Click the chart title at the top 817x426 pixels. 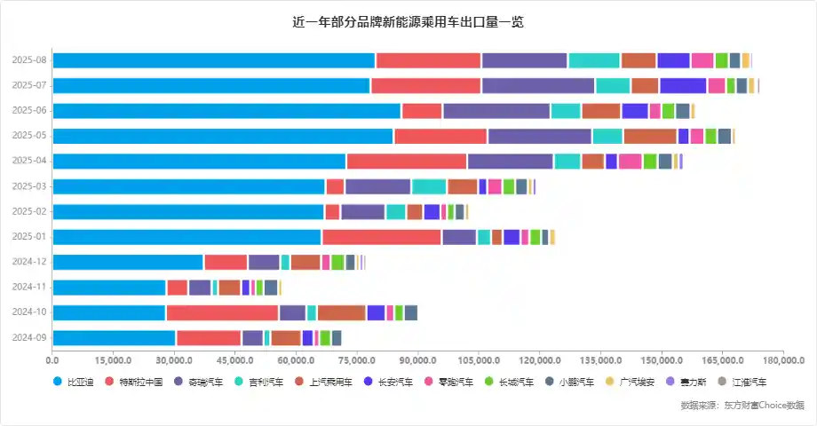tap(408, 21)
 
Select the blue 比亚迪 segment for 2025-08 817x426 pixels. tap(213, 59)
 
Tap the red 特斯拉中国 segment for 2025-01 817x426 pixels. tap(381, 237)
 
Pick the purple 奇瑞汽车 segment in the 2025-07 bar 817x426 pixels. tap(537, 85)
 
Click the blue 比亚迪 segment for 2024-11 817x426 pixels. tap(108, 288)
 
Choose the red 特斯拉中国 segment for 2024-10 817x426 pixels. tap(222, 312)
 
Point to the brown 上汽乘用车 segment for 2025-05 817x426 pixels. tap(649, 136)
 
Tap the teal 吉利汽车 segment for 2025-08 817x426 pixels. tap(593, 59)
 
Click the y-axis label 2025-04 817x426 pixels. tap(29, 162)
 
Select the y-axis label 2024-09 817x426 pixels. tap(29, 338)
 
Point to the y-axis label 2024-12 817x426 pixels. tap(29, 262)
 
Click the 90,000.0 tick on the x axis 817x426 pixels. tap(417, 360)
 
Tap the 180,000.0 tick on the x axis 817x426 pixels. tap(782, 360)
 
